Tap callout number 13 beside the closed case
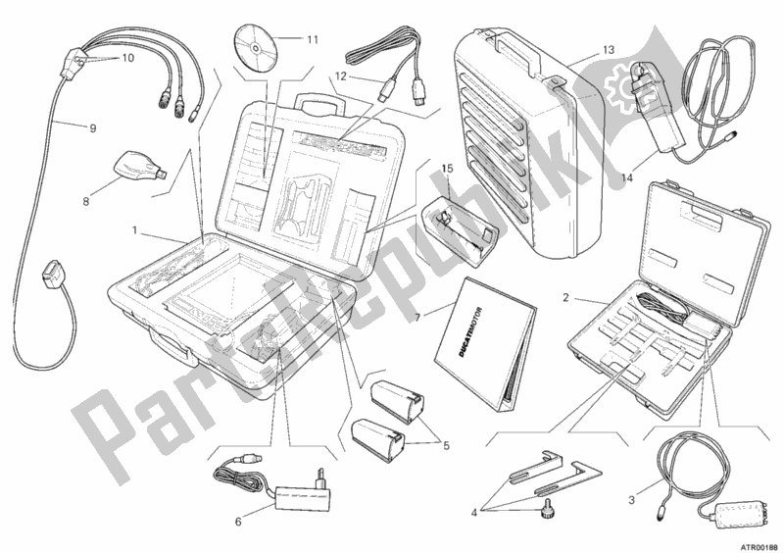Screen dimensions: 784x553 608,50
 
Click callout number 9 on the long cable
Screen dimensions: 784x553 93,128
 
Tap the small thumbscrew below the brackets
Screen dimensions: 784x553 542,509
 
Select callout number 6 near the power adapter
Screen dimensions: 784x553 238,522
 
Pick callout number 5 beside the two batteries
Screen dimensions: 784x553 446,444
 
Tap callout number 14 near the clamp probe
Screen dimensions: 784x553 627,177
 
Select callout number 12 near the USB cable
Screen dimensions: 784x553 340,76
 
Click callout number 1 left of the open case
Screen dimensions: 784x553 134,230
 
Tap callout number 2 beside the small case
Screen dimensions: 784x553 565,298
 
